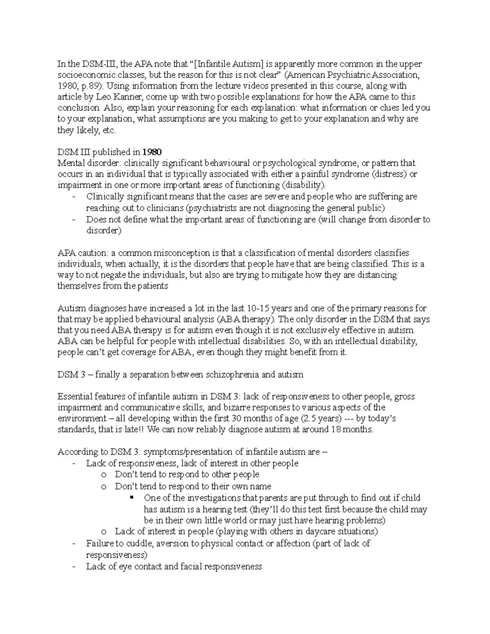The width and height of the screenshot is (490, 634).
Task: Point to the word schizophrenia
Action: (x=233, y=375)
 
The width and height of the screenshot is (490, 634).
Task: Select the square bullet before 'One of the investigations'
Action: (x=131, y=498)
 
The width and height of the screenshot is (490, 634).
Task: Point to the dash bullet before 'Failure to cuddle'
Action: (x=73, y=544)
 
